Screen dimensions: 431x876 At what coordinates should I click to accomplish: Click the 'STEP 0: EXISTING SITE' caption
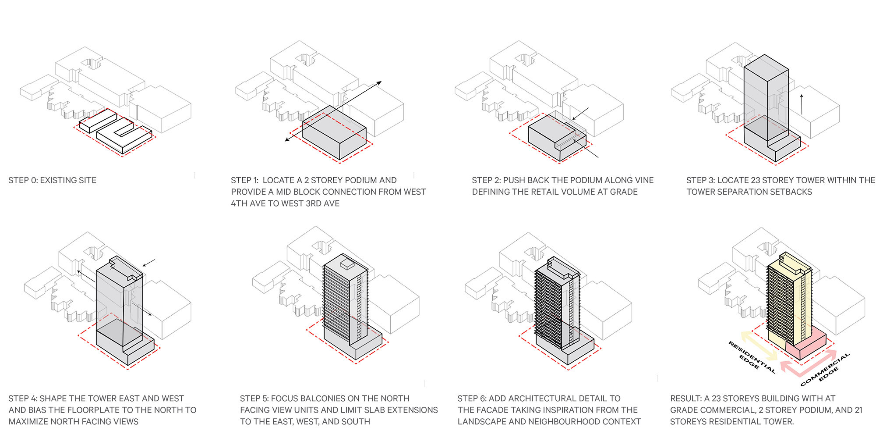click(53, 180)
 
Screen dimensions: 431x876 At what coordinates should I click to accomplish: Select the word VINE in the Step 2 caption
click(643, 180)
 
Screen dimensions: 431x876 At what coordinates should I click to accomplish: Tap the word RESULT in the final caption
click(685, 399)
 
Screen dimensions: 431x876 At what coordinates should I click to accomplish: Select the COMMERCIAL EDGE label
click(825, 370)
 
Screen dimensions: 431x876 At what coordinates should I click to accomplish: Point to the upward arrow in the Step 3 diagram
click(802, 104)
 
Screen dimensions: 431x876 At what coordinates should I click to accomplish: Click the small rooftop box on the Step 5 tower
click(347, 264)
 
